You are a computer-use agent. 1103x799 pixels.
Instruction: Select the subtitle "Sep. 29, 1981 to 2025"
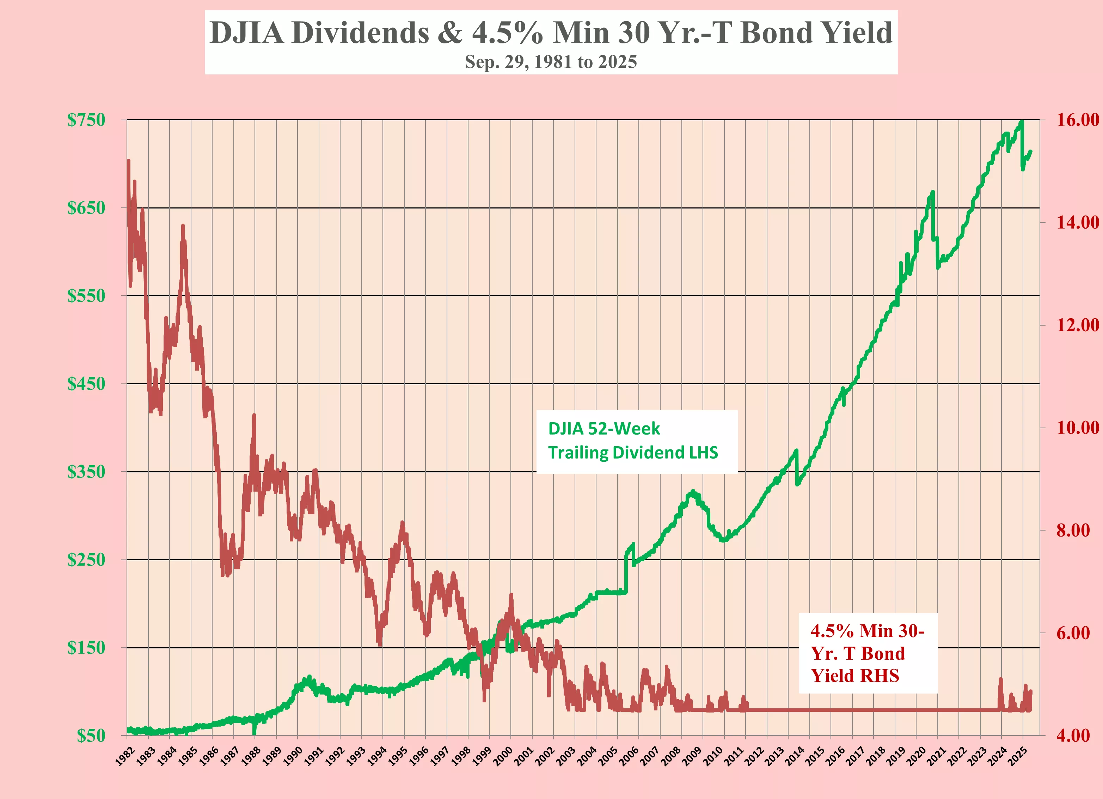(551, 62)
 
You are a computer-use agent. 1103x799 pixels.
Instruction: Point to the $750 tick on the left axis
(86, 120)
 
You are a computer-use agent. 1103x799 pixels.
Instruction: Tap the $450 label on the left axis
(86, 384)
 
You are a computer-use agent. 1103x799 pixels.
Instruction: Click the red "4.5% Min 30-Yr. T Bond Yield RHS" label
(867, 653)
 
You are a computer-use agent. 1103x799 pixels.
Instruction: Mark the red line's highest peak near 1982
(128, 161)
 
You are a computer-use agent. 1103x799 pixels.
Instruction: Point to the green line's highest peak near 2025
(1022, 122)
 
